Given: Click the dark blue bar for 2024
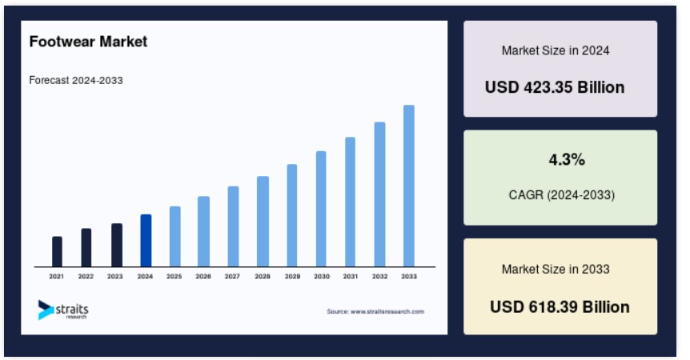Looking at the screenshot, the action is (146, 241).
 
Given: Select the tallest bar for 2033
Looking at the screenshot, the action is (409, 186).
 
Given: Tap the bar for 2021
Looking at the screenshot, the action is (57, 251).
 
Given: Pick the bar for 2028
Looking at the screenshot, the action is (263, 221).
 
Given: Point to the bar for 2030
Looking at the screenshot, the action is (321, 209).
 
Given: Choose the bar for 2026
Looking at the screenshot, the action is (204, 231).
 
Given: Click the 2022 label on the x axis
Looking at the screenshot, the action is (86, 277).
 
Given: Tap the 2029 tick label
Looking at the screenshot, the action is (292, 277).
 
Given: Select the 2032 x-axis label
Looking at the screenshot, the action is (379, 277).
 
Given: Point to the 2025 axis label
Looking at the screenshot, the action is (174, 277).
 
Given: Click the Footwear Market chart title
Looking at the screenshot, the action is (88, 42).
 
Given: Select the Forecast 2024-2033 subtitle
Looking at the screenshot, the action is (76, 81).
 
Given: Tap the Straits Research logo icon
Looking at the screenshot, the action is (46, 310).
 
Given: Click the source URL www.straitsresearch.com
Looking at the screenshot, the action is (387, 312).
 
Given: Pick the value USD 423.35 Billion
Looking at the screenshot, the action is (555, 87).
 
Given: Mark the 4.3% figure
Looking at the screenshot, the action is (567, 159).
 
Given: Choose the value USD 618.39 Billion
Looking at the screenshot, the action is (560, 307).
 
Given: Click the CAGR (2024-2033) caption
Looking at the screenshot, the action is (561, 194).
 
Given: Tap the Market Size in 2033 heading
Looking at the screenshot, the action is (556, 269).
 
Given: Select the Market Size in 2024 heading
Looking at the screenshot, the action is (556, 50).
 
